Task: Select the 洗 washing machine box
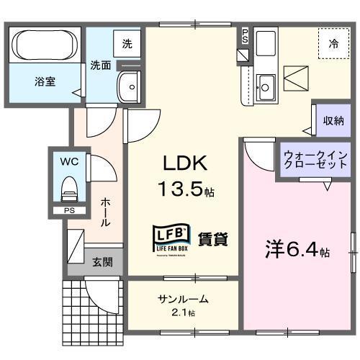[127, 44]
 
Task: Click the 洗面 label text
[100, 66]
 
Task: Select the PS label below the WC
[69, 210]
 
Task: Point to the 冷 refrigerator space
[334, 44]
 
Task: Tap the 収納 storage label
[332, 120]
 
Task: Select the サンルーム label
[183, 300]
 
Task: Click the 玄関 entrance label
[102, 261]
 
